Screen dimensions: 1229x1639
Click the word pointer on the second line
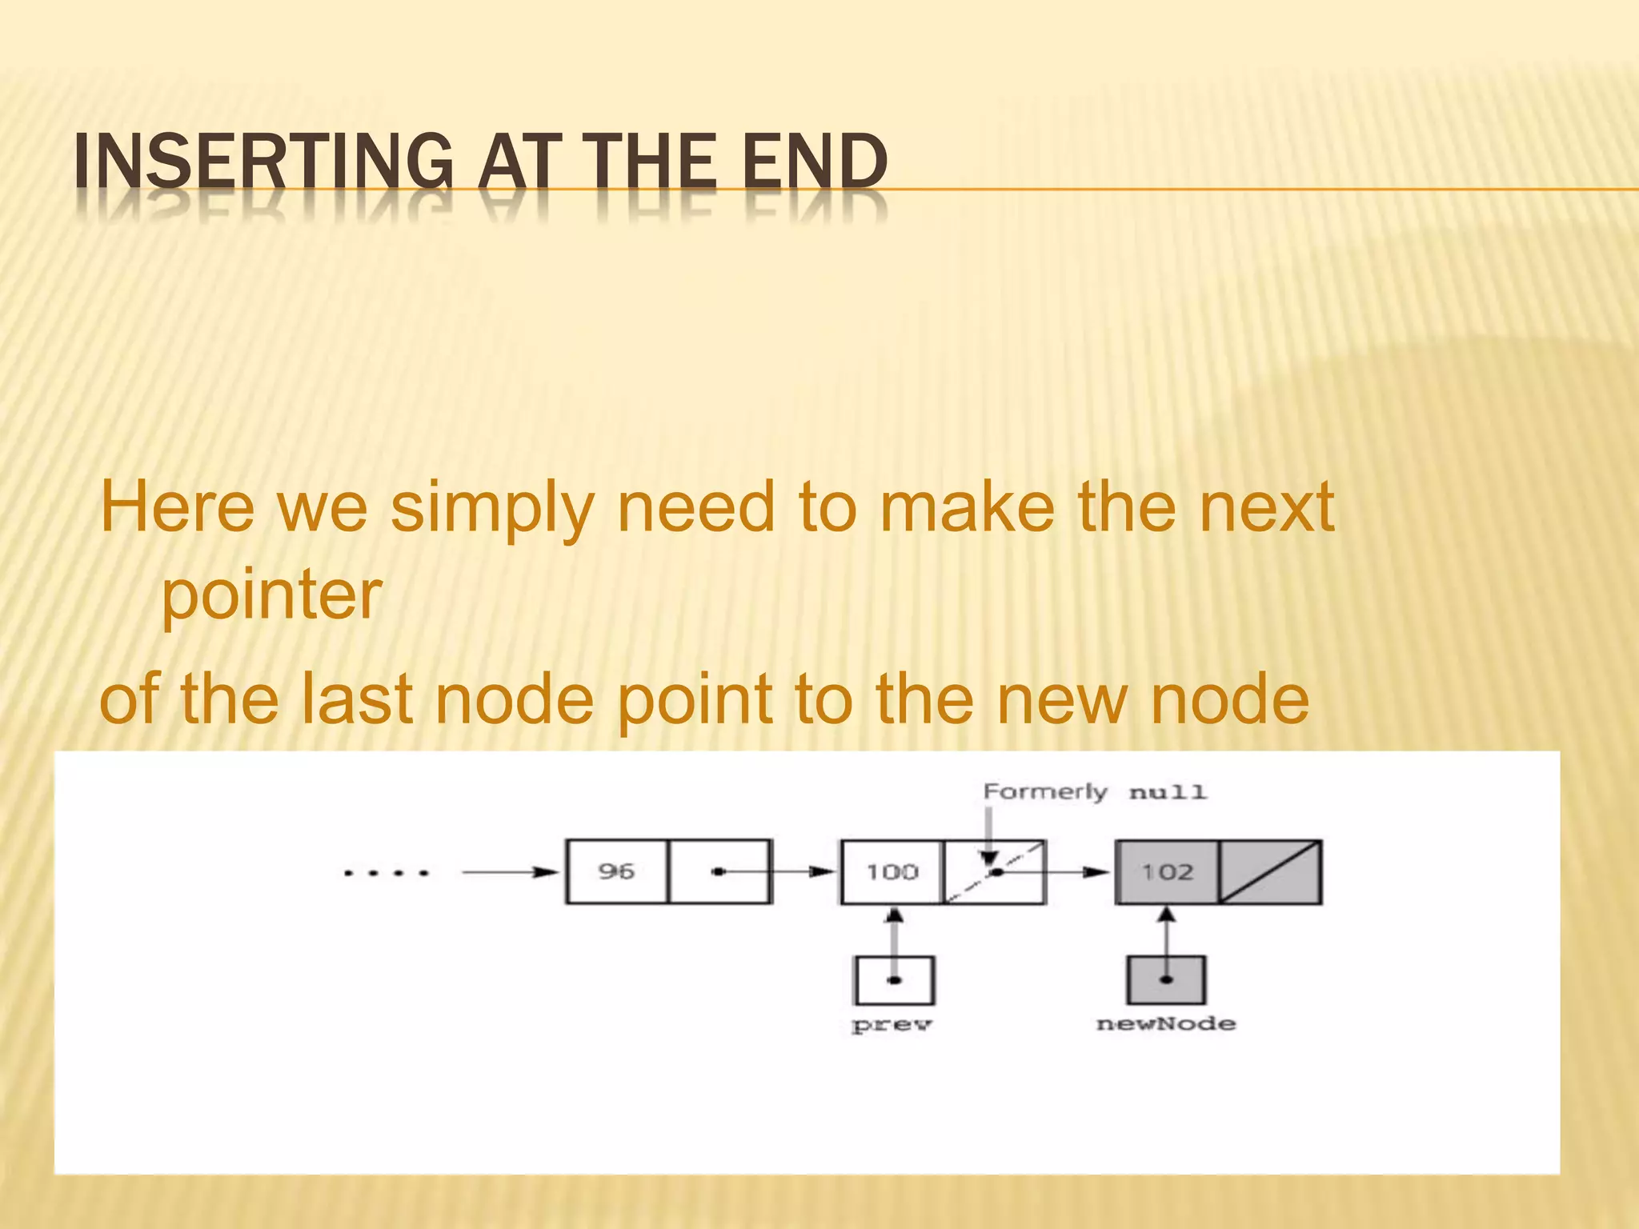pyautogui.click(x=271, y=595)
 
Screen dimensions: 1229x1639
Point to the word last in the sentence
pyautogui.click(x=357, y=699)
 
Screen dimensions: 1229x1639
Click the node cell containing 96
pyautogui.click(x=616, y=871)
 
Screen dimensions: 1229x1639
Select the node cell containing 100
pyautogui.click(x=892, y=871)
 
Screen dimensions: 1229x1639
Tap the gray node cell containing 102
pyautogui.click(x=1167, y=871)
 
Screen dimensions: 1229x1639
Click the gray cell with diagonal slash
pyautogui.click(x=1270, y=871)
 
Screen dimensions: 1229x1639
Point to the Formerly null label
pyautogui.click(x=1094, y=792)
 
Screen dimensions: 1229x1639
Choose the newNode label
pyautogui.click(x=1166, y=1024)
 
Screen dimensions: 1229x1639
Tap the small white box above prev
pyautogui.click(x=894, y=980)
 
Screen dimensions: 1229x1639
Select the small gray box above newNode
pyautogui.click(x=1167, y=980)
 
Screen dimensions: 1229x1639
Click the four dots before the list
pyautogui.click(x=387, y=873)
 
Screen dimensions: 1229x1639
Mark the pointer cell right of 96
pyautogui.click(x=719, y=871)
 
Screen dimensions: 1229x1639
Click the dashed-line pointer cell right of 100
pyautogui.click(x=995, y=871)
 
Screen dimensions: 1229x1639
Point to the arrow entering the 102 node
pyautogui.click(x=1080, y=872)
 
